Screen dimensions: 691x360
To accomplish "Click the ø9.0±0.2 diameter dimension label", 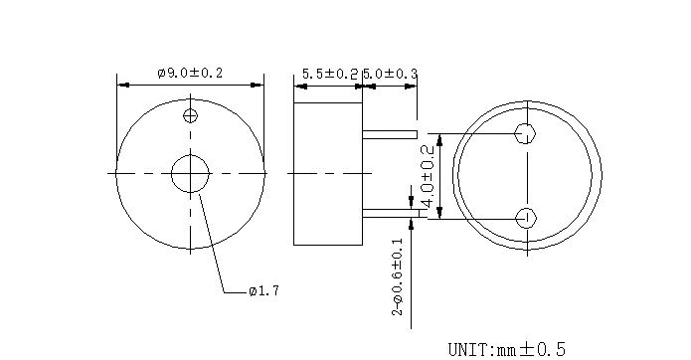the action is [x=190, y=73].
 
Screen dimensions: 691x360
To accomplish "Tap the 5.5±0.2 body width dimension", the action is [x=330, y=74].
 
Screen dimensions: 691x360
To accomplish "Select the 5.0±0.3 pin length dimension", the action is [x=390, y=74].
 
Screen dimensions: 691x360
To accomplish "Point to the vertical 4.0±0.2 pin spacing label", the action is [x=428, y=176].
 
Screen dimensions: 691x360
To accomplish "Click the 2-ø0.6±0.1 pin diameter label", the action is [x=398, y=276].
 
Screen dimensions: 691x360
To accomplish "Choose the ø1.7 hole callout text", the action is [x=263, y=290].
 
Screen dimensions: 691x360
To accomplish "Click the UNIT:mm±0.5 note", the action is [x=506, y=349].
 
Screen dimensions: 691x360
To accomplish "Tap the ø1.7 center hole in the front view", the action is [x=190, y=174].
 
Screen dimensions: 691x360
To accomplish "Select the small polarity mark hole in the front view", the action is [x=190, y=116].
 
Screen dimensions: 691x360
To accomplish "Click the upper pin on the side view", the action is [x=390, y=134].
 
